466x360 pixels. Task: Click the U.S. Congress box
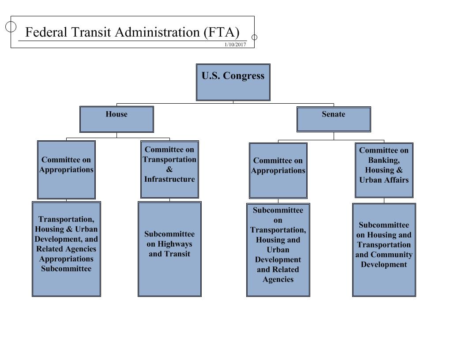click(233, 82)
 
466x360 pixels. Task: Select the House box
click(116, 119)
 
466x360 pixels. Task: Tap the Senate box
click(334, 119)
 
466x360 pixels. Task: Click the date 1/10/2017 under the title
click(235, 45)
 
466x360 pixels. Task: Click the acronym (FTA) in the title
click(222, 32)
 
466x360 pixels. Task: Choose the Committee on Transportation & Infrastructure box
click(169, 169)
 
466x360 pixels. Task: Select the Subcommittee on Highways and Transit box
click(169, 249)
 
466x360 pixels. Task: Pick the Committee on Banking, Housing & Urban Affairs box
click(384, 170)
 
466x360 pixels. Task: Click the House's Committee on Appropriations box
click(66, 169)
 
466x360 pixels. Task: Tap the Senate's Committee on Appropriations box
click(278, 170)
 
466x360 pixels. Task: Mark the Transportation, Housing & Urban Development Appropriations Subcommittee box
click(66, 249)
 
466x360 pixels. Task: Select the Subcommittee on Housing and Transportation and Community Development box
click(384, 250)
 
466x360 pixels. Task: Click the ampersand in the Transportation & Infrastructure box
click(169, 169)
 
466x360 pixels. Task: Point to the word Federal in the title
click(46, 32)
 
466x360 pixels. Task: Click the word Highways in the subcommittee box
click(175, 244)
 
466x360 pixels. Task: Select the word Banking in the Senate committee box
click(383, 161)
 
